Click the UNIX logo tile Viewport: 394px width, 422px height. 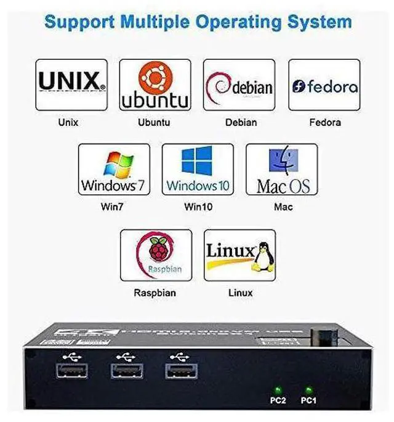pos(71,85)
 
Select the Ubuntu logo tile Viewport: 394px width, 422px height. pos(155,85)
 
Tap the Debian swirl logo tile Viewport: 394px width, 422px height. pos(239,85)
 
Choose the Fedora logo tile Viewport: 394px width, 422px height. pos(324,85)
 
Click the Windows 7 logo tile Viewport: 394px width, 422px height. pos(114,170)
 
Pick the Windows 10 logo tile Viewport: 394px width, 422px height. pos(198,170)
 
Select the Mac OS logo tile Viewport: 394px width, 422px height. pos(282,170)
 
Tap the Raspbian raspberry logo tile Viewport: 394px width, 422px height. pos(156,255)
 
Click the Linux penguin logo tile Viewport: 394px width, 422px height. pos(239,255)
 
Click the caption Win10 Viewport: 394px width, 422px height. pos(198,207)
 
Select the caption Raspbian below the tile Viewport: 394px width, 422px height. pos(155,292)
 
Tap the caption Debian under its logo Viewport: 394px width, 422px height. pos(241,122)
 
